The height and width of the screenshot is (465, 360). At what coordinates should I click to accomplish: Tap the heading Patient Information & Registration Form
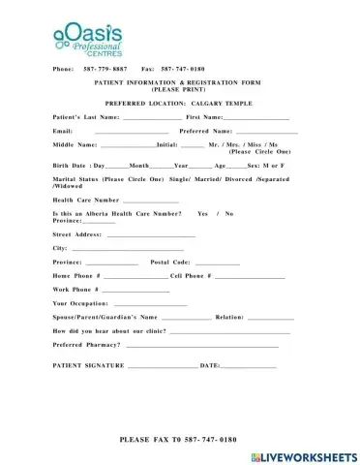(179, 84)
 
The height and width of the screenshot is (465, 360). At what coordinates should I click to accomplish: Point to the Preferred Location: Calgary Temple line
(178, 102)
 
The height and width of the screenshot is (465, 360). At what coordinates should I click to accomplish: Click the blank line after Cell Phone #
(249, 276)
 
